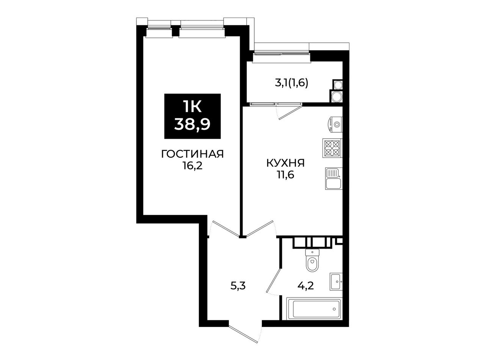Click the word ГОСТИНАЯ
pos(192,154)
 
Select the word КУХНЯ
pos(286,163)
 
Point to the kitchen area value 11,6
pos(286,175)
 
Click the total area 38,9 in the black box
pos(192,125)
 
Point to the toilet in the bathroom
pos(313,260)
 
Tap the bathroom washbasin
pos(336,282)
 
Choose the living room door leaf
pos(226,229)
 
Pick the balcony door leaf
pos(290,112)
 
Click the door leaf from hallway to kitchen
pos(260,229)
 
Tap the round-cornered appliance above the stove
pos(335,124)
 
